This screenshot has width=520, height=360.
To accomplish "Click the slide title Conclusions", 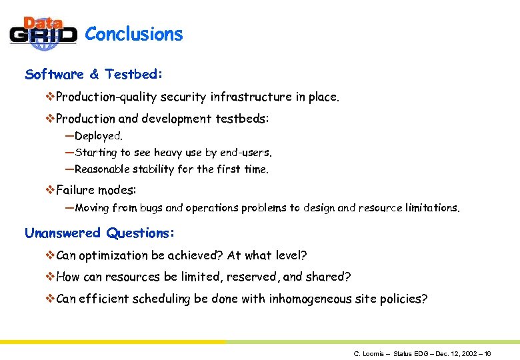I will (x=134, y=34).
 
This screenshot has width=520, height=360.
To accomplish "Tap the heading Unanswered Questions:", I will (x=100, y=233).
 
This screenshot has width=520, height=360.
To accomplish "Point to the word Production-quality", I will (x=101, y=97).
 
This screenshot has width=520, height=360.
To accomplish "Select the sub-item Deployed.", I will (x=99, y=136).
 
